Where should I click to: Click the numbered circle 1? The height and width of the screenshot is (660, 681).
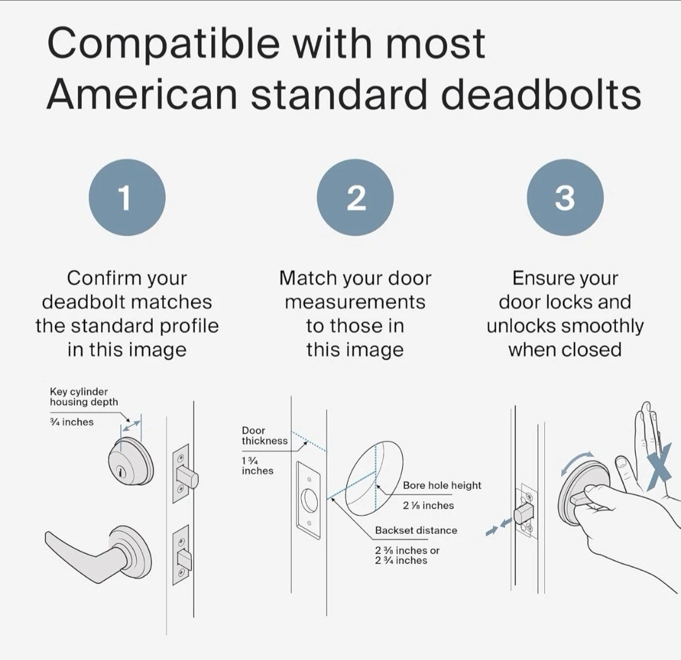point(127,197)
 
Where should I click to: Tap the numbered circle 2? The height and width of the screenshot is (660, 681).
point(355,197)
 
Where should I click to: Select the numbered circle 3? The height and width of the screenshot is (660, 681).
point(565,197)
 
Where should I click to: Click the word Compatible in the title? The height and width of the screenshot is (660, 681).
point(163,45)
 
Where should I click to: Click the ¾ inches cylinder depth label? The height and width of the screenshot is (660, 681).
point(72,422)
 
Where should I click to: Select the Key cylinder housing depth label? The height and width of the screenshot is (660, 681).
point(84,397)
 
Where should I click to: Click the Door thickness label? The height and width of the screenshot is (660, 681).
point(264,435)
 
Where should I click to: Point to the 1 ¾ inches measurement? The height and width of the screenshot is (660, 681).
point(257,466)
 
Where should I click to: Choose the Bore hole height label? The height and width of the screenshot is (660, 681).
point(441,485)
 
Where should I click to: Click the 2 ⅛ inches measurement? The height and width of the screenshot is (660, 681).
point(428,505)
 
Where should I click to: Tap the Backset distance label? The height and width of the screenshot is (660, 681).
point(416,530)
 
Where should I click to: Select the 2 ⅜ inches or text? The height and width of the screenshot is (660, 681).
point(407,550)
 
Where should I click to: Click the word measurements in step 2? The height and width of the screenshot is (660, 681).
point(355,302)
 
